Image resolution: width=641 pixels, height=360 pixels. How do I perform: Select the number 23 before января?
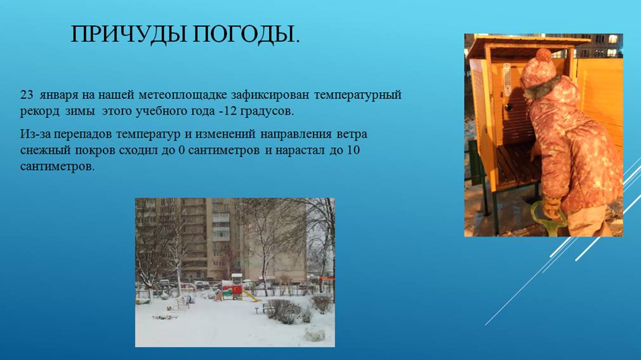tap(27, 95)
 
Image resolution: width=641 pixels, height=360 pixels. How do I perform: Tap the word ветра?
tap(352, 134)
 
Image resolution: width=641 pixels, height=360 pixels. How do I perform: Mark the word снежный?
tap(45, 150)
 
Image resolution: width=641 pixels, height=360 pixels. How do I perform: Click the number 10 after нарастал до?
tap(354, 150)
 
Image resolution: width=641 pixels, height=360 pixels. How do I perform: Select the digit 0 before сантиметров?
tap(182, 150)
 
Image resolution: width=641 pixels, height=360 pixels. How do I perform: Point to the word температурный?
tap(358, 95)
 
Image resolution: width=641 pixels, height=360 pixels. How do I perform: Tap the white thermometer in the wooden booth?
tap(507, 79)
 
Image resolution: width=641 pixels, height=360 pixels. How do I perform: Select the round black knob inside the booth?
tap(508, 107)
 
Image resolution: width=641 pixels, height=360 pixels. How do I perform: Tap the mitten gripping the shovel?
tap(553, 206)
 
